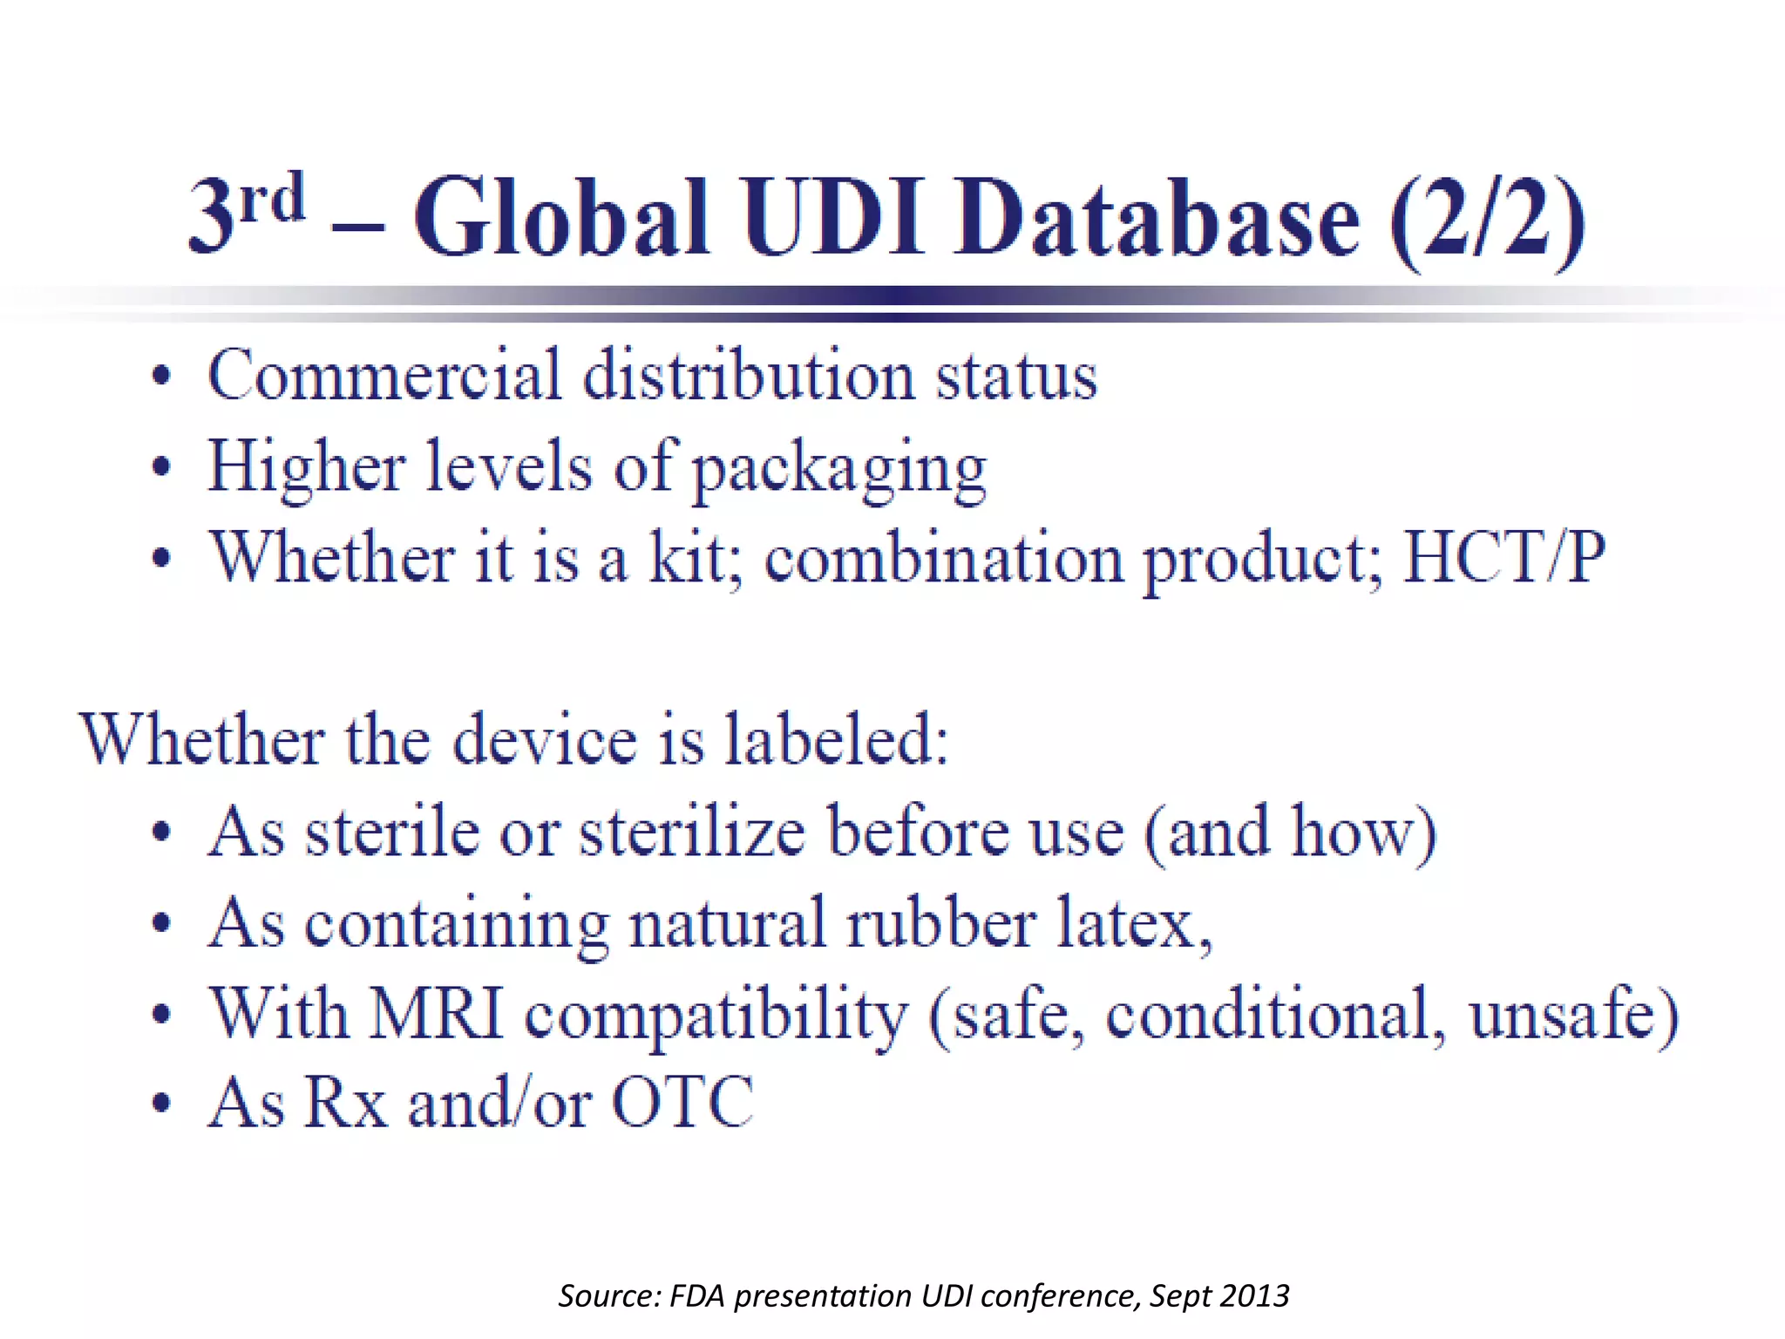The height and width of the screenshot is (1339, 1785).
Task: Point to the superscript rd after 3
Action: click(272, 198)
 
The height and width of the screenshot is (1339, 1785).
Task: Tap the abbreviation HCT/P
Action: click(1504, 557)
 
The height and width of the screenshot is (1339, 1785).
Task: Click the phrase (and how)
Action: click(1290, 833)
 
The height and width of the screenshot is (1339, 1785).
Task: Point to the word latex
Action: click(1133, 923)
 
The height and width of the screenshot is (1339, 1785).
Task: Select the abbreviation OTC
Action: click(682, 1103)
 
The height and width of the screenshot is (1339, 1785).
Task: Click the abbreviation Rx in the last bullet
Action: click(346, 1103)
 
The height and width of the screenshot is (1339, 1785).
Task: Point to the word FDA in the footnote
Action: click(697, 1296)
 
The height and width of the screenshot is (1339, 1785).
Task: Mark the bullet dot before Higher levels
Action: click(161, 467)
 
